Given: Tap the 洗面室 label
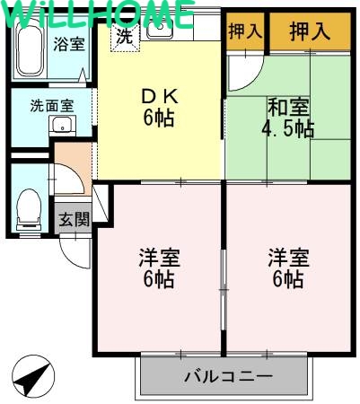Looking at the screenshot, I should click(52, 105).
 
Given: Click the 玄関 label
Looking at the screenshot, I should click(74, 219).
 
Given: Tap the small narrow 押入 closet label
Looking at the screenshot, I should click(245, 31).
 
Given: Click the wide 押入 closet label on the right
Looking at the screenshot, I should click(310, 32).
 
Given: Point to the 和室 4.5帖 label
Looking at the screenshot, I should click(287, 118).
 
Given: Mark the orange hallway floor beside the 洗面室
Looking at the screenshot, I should click(72, 162).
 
